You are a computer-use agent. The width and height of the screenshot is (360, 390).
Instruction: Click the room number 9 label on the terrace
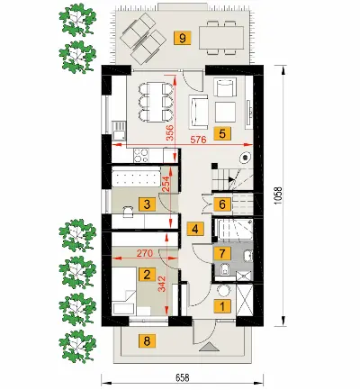pos(183,38)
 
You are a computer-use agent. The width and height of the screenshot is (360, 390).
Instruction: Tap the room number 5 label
pos(222,133)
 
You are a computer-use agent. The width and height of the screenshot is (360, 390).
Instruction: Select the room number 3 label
pos(147,204)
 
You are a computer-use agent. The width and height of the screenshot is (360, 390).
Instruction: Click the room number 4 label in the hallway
pos(195,230)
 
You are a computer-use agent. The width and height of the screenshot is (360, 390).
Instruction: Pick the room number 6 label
pos(222,204)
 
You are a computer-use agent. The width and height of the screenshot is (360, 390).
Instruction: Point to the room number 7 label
pos(222,254)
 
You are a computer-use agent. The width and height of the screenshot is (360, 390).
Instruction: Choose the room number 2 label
pos(147,275)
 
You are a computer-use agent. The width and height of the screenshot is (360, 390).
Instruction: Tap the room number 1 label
pos(222,306)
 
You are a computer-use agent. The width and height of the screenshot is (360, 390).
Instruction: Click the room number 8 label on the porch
pos(147,341)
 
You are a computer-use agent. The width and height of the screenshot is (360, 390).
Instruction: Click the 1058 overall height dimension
pos(278,195)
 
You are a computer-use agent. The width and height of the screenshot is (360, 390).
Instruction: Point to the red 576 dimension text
pos(199,140)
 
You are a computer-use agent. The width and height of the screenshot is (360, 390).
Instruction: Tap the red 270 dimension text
pos(145,253)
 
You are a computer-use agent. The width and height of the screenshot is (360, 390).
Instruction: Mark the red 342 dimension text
pos(162,284)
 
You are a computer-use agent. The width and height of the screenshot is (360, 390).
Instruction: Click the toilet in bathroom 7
pos(224,268)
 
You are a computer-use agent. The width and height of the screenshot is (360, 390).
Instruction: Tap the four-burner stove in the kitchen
pos(141,155)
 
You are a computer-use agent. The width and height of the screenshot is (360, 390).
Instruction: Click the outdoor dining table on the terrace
pos(221,38)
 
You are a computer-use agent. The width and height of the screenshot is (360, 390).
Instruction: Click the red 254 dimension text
pos(166,184)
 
